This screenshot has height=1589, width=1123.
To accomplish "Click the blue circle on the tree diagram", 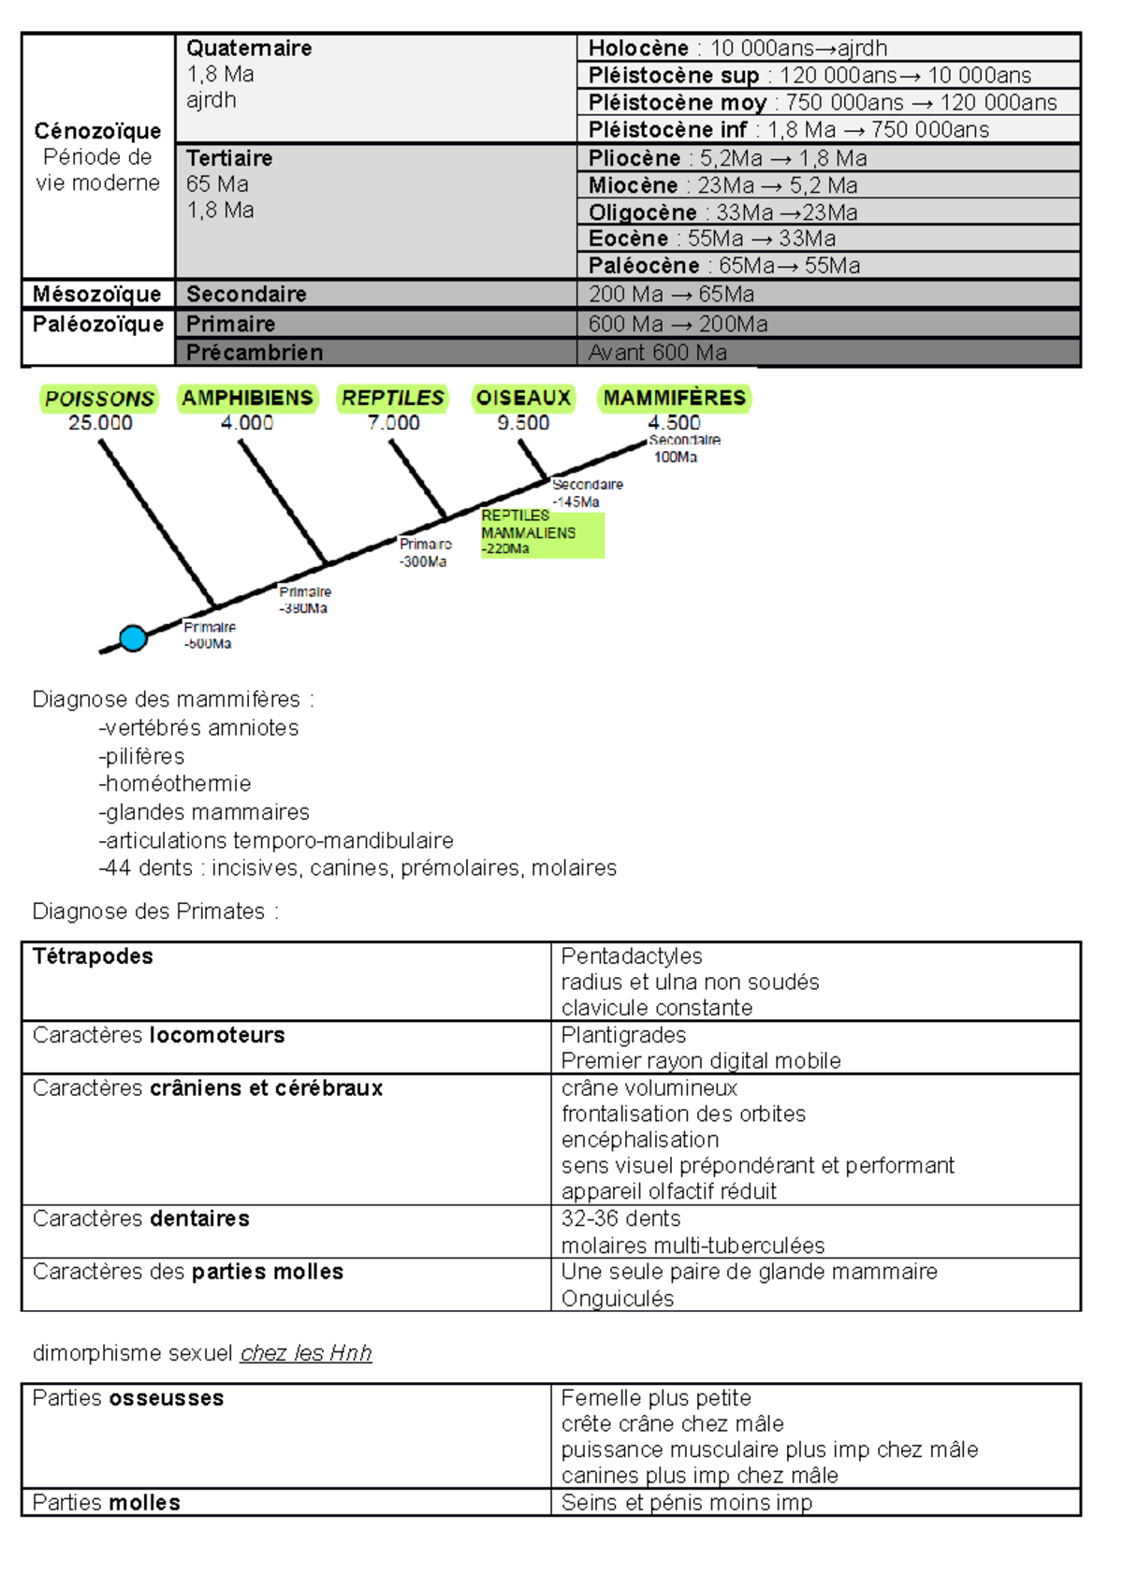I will coord(133,638).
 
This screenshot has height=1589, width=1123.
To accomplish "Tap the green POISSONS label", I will coord(99,399).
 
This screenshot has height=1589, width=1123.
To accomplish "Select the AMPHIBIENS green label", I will coord(247,398).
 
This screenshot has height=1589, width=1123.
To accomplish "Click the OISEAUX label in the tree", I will coord(523,398).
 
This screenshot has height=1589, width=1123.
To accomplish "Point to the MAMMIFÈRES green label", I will coord(674,398).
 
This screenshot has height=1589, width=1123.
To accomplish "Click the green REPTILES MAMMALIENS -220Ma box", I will coord(542,532).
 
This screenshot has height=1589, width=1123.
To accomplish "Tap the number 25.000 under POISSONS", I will coord(100,423).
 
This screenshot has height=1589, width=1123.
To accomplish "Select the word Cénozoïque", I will coord(97,131).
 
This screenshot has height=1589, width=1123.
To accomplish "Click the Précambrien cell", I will coord(255,353).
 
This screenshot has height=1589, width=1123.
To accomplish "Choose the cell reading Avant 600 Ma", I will coord(657,353).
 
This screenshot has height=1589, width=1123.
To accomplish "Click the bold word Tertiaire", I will coord(229,158).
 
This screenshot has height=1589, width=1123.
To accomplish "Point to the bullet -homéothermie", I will coord(175,783).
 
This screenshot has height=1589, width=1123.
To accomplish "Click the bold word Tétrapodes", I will coord(93,956).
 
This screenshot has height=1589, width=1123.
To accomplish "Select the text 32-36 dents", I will coord(620,1218).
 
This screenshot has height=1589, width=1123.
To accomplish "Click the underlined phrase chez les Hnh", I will coord(306,1353).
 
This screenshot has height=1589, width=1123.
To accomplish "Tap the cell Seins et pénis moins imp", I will coord(686,1503).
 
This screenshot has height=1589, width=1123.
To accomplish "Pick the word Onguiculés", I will coord(618,1299).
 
